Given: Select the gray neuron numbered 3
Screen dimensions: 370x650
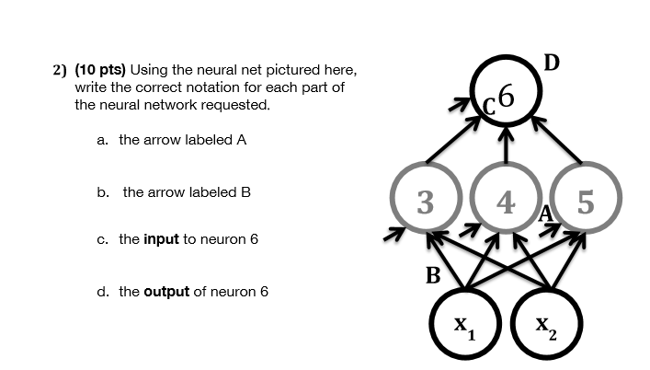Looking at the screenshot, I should tap(425, 202).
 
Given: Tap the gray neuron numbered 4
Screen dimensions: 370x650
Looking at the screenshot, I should tap(505, 202).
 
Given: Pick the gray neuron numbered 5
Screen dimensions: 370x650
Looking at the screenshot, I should tap(586, 202).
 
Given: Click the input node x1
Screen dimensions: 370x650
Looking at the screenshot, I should tap(465, 325).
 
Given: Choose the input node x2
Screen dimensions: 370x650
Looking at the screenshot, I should tap(546, 325).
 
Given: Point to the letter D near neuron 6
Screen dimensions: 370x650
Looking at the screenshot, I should tap(551, 63).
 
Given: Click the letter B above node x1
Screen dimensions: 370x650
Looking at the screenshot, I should tap(432, 274).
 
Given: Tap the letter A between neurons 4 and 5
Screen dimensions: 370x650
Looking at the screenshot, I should tap(547, 214).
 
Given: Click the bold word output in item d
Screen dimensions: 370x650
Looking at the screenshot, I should tap(166, 292).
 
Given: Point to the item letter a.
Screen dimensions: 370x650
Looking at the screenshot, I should tap(102, 141).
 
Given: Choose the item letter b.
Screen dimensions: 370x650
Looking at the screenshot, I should tap(102, 192).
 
